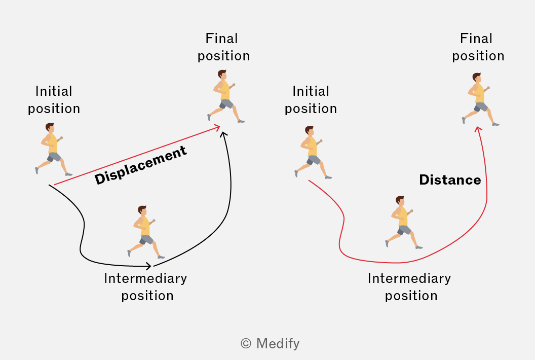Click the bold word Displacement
tap(140, 165)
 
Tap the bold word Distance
tap(450, 179)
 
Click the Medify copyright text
tap(270, 343)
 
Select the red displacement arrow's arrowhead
tap(216, 128)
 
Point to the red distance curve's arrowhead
tap(478, 129)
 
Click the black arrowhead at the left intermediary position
tap(148, 266)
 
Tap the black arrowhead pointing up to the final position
tap(224, 134)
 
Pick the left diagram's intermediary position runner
tap(146, 232)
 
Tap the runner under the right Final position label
tap(480, 99)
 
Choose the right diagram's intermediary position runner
tap(404, 223)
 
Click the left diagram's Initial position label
tap(54, 100)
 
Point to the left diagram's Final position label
tap(223, 47)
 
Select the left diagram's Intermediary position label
tap(146, 287)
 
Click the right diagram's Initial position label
tap(311, 100)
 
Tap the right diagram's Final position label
tap(478, 47)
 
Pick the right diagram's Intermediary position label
tap(409, 287)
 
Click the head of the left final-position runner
tap(222, 75)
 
